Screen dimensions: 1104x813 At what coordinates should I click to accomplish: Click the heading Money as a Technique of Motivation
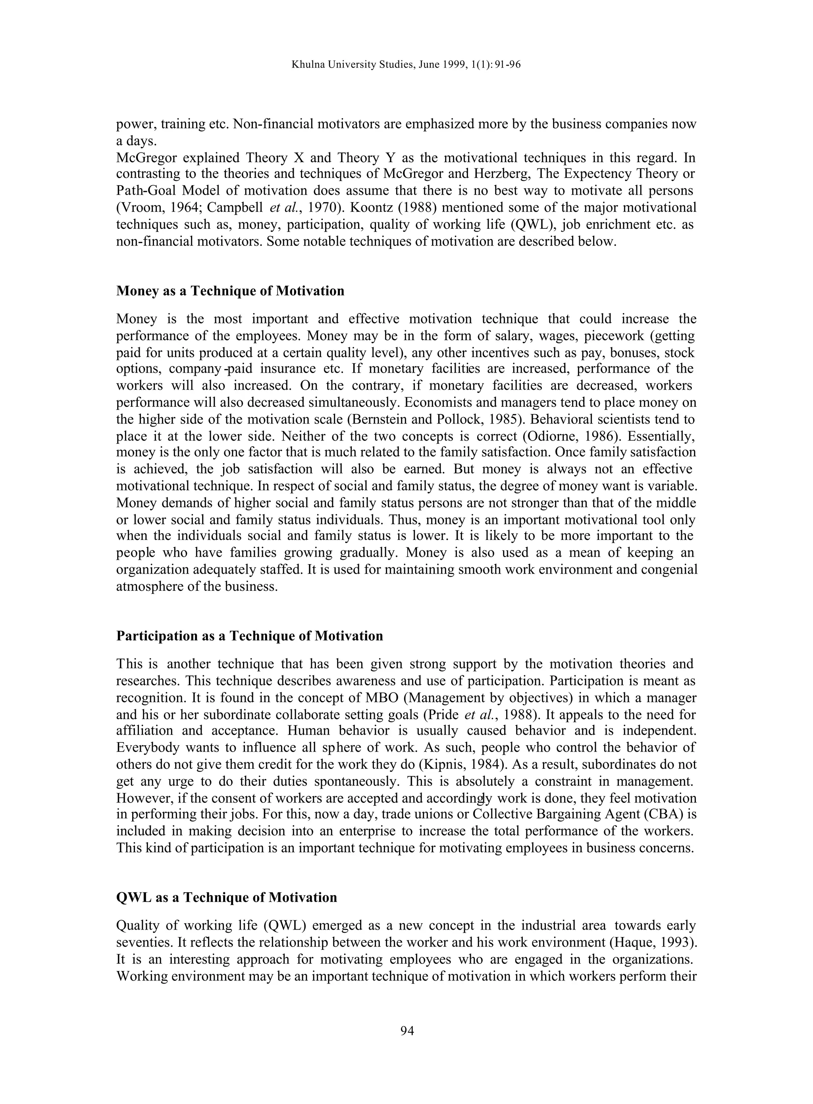pyautogui.click(x=230, y=291)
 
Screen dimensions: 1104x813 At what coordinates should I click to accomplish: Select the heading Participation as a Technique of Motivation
pyautogui.click(x=250, y=636)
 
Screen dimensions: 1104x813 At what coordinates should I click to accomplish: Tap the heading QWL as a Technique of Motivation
pyautogui.click(x=226, y=897)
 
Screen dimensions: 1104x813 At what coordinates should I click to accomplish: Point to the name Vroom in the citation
pyautogui.click(x=137, y=208)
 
